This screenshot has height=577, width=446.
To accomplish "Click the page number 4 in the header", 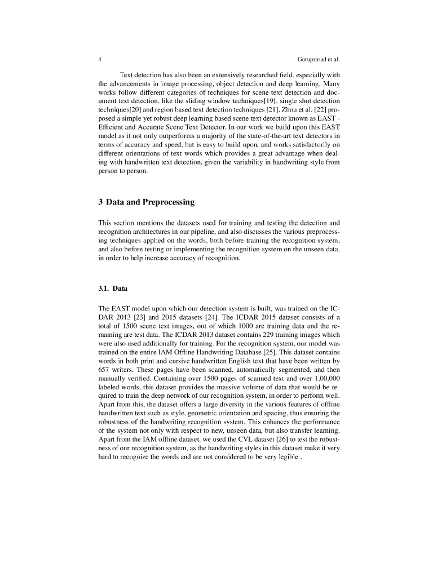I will pyautogui.click(x=100, y=59).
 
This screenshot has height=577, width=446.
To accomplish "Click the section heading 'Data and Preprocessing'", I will pyautogui.click(x=151, y=202).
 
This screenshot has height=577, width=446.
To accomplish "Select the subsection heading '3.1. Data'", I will pyautogui.click(x=113, y=288).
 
